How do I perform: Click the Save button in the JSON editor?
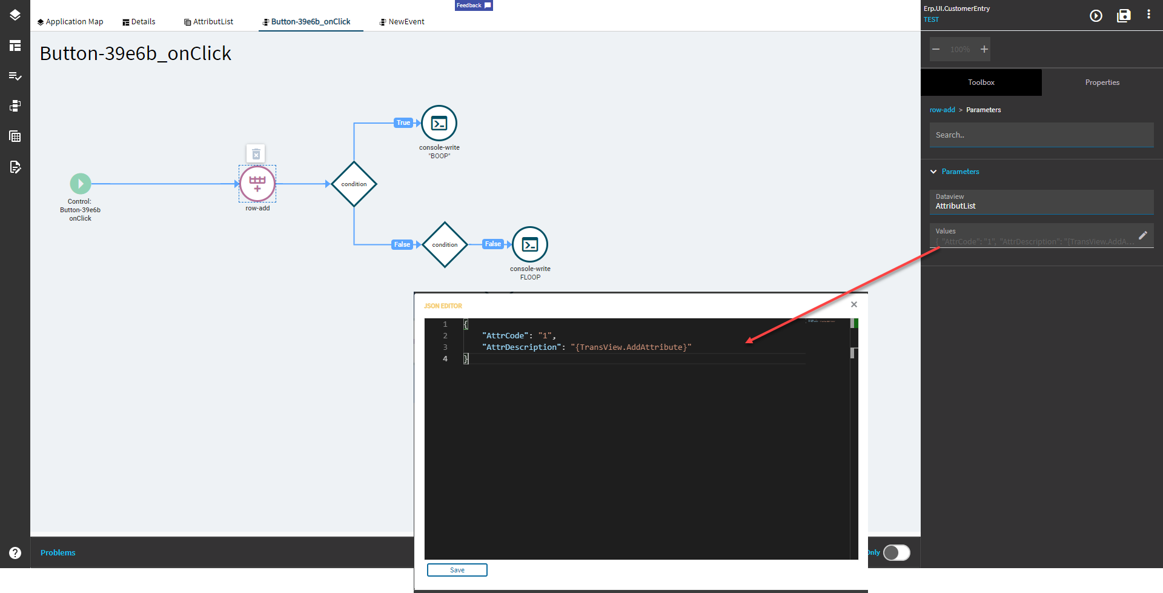[x=457, y=570]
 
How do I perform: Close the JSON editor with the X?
[x=854, y=304]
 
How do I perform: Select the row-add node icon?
[x=257, y=184]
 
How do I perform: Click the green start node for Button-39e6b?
[x=81, y=184]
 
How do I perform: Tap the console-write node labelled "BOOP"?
[x=439, y=124]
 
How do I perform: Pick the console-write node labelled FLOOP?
[x=530, y=245]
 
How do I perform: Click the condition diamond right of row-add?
[x=354, y=184]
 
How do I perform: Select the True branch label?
[x=403, y=122]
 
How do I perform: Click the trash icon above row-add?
[x=256, y=154]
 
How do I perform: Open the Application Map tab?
[x=70, y=22]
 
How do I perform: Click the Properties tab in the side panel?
[x=1102, y=82]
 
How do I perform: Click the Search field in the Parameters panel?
[x=1041, y=135]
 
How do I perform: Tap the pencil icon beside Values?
[x=1143, y=235]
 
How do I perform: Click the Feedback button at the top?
[x=474, y=5]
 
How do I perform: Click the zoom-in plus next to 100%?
[x=984, y=49]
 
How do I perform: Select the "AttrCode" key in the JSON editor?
[x=505, y=336]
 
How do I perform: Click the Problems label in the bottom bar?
[x=58, y=552]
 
